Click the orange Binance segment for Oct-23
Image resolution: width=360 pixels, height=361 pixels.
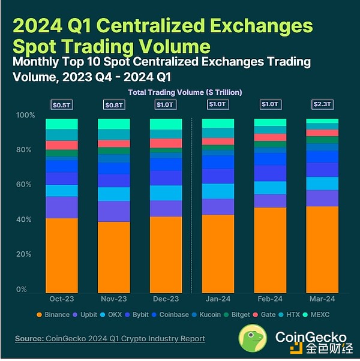coord(62,255)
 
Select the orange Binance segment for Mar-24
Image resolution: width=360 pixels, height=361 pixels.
coord(322,249)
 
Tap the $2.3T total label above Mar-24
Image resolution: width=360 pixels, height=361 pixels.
coord(322,104)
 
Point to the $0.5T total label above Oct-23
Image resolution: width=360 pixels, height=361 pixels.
coord(62,104)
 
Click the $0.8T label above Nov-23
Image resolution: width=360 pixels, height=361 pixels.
coord(113,104)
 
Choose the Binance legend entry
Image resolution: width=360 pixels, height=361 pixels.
coord(55,315)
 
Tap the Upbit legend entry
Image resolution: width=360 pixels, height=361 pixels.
coord(88,315)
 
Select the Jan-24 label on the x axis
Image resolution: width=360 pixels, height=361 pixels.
coord(218,299)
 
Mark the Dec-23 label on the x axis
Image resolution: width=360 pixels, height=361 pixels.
coord(166,299)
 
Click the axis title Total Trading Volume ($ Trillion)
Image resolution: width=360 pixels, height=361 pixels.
coord(185,92)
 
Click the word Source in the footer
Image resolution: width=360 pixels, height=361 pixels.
coord(28,339)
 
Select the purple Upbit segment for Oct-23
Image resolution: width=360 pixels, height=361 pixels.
coord(62,207)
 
